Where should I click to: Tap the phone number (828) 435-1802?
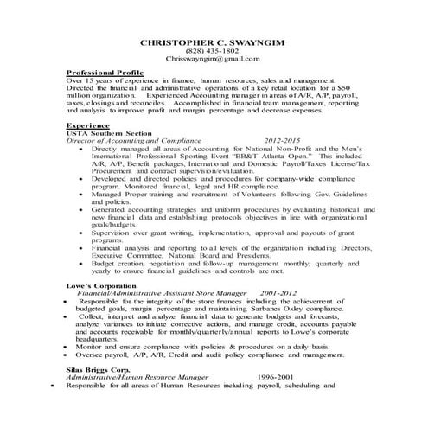coord(214,51)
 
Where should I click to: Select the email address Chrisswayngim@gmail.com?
coord(214,60)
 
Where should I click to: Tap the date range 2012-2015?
coord(283,141)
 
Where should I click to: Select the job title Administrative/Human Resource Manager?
coord(137,376)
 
